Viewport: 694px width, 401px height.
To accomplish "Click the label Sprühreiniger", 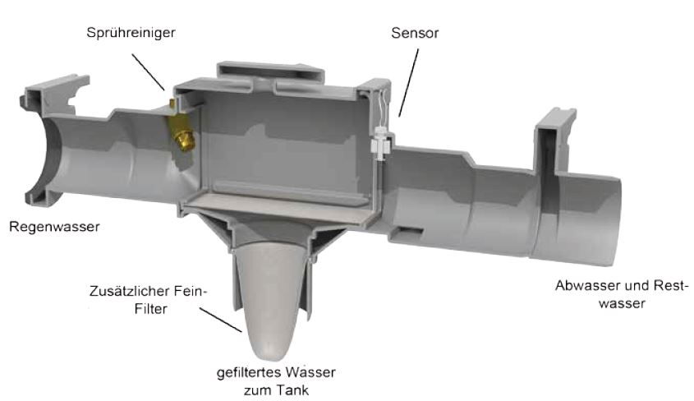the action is tap(131, 33).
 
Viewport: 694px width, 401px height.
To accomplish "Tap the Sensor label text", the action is tap(415, 33).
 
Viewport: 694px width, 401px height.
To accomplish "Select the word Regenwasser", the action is tap(54, 227).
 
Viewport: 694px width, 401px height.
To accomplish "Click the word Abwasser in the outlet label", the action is tap(587, 285).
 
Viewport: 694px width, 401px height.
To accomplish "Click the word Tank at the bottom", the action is tap(293, 390).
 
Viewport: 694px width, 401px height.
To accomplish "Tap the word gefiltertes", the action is tap(249, 373).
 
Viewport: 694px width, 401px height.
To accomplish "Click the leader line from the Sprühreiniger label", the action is tap(149, 72).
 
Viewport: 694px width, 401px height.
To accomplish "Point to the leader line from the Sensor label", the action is tap(408, 82).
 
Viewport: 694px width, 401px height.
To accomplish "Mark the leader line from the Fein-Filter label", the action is tap(220, 320).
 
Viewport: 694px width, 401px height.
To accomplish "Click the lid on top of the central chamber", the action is tap(270, 72).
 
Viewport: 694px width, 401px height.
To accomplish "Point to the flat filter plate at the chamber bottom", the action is tap(280, 208).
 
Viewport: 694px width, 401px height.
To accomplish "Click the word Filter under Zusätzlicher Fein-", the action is tap(150, 309).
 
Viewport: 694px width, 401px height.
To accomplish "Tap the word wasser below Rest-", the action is tap(622, 304).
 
